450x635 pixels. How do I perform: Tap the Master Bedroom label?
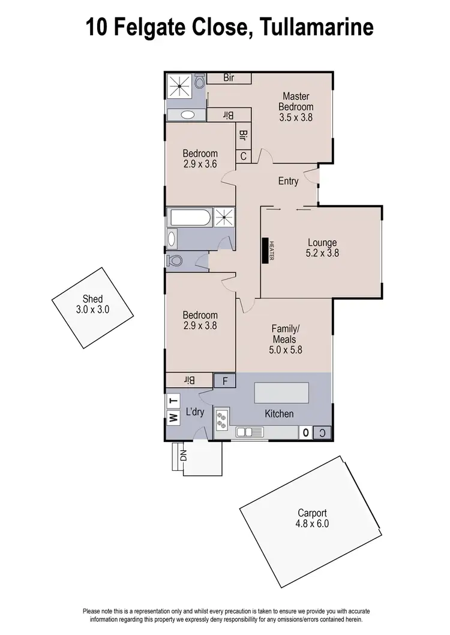(x=295, y=107)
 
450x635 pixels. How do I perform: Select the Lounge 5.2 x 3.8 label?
(x=323, y=248)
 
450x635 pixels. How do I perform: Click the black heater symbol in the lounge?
(x=265, y=251)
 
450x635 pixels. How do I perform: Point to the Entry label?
(x=288, y=181)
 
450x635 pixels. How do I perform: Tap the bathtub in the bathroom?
(x=190, y=217)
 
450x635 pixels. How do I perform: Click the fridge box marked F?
(x=225, y=380)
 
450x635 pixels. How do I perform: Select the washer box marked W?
(x=173, y=418)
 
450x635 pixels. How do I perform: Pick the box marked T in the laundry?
(x=173, y=401)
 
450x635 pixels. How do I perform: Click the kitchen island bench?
(x=281, y=393)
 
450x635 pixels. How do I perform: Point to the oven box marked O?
(x=305, y=433)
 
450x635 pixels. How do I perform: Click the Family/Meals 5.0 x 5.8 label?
(x=284, y=339)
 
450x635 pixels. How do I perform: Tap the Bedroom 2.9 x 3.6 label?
(x=200, y=158)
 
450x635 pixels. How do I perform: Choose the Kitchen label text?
(x=279, y=413)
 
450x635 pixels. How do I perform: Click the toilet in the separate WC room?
(x=175, y=261)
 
